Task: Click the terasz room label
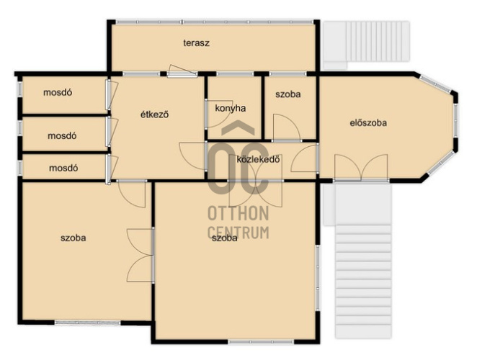pos(196,43)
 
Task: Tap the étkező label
pos(154,114)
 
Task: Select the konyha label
pos(231,109)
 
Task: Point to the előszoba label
pos(368,123)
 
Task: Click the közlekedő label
pos(258,159)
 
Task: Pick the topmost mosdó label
pos(58,92)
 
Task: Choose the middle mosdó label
pos(62,135)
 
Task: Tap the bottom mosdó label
pos(63,168)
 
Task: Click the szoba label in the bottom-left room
pos(73,238)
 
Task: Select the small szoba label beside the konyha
pos(288,94)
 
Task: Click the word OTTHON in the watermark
pos(239,213)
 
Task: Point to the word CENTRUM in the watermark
pos(239,233)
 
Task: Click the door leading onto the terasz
pos(182,71)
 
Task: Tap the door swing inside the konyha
pos(217,113)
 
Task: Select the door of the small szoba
pos(287,127)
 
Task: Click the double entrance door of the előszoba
pos(361,168)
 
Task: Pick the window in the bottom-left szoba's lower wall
pos(88,323)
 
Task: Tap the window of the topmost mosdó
pos(19,90)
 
